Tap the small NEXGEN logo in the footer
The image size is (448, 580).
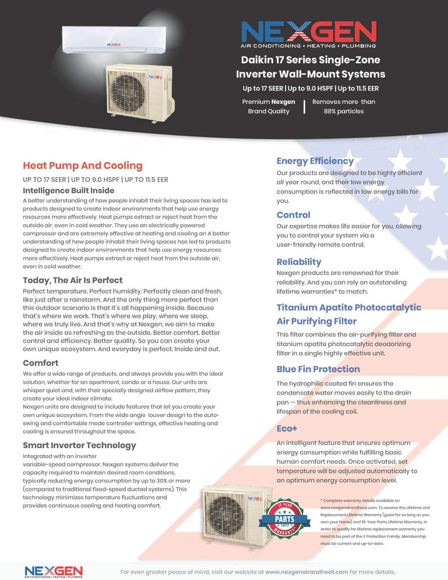[x=53, y=571]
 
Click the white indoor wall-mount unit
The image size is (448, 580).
[x=114, y=40]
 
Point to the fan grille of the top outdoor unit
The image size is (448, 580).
[x=127, y=92]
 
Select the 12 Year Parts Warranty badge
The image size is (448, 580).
[x=285, y=519]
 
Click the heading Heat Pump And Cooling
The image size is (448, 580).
[x=83, y=165]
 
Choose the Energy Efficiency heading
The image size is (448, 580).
[x=315, y=161]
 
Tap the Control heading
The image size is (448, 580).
[x=293, y=215]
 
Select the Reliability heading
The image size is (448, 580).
[x=299, y=262]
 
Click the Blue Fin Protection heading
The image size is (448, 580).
[x=318, y=369]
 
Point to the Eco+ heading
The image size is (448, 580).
[x=287, y=428]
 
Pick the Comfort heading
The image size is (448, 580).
[x=40, y=363]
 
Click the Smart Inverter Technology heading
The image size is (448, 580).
[x=79, y=445]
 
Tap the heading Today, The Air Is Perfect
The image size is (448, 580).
[x=72, y=280]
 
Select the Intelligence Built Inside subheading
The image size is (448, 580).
[x=68, y=190]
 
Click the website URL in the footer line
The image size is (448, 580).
[x=307, y=572]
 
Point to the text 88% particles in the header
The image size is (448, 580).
[x=344, y=111]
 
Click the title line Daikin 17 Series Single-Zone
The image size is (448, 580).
[x=311, y=60]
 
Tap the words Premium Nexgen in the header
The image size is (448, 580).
[x=268, y=102]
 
